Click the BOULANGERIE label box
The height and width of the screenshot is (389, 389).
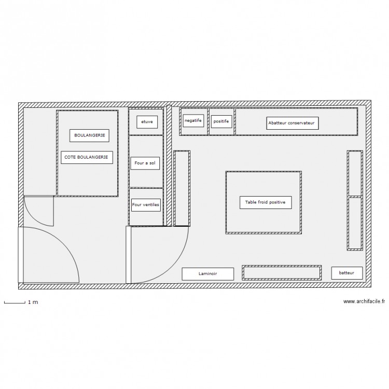[x=89, y=135]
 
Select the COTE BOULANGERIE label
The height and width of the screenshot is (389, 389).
[x=87, y=157]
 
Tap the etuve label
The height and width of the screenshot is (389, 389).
[x=147, y=122]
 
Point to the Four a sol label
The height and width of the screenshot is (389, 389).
[x=145, y=163]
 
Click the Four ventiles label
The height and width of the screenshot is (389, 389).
[x=146, y=205]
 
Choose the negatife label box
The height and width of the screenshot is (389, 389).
[x=193, y=120]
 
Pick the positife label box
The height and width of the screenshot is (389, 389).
[x=221, y=121]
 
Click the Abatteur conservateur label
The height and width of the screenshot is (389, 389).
[x=292, y=123]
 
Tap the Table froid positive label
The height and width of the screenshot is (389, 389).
[x=266, y=202]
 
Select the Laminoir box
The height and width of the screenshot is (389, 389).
[x=208, y=274]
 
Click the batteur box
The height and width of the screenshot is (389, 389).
[x=347, y=273]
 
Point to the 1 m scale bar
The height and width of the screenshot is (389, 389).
[x=15, y=302]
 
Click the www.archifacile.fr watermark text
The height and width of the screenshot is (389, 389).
[x=364, y=301]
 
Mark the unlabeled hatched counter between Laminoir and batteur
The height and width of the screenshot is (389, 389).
[x=282, y=273]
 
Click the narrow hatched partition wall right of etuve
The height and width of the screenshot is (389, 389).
[x=169, y=165]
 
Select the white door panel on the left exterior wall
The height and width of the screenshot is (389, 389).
[x=21, y=255]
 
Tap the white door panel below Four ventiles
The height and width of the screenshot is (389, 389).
[x=128, y=255]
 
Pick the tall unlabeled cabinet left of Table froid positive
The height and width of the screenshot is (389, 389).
[x=182, y=188]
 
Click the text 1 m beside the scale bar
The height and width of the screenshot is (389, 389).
[x=33, y=302]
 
